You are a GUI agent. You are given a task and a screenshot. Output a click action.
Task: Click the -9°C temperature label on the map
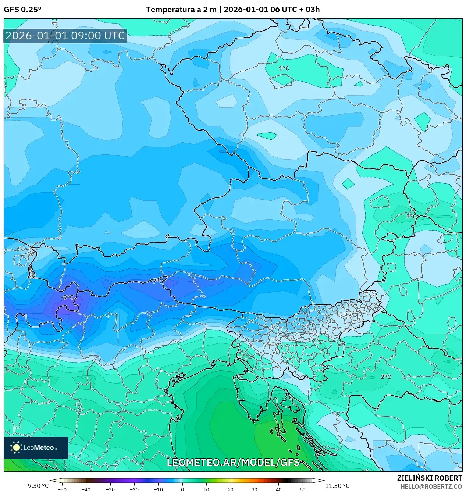[x=67, y=297]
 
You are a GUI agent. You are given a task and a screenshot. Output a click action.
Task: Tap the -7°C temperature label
[x=157, y=281]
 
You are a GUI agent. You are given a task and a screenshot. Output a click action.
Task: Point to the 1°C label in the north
[x=284, y=68]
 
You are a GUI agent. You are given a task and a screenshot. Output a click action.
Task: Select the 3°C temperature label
[x=411, y=217]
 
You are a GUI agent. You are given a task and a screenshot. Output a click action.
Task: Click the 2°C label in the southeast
[x=385, y=377]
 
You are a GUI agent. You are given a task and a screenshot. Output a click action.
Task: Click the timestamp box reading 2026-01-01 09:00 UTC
[x=65, y=36]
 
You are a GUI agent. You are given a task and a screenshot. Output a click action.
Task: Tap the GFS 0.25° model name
[x=22, y=10]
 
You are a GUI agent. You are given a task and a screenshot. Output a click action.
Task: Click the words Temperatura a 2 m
[x=181, y=10]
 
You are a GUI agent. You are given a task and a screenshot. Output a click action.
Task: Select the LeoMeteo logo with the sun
[x=36, y=448]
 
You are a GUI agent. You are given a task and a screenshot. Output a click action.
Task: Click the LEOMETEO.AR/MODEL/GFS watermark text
[x=233, y=462]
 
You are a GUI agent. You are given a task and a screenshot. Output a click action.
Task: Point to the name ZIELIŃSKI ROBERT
[x=429, y=478]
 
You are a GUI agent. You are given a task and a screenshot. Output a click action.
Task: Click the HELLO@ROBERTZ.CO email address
[x=431, y=486]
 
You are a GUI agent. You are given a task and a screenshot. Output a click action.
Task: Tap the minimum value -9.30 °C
[x=37, y=486]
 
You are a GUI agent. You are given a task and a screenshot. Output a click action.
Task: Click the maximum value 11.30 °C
[x=337, y=486]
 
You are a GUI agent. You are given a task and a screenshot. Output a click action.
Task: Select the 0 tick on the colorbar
[x=182, y=489]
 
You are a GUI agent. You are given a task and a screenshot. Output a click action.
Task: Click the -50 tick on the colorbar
[x=62, y=489]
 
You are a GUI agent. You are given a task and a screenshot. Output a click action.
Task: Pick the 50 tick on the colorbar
[x=302, y=489]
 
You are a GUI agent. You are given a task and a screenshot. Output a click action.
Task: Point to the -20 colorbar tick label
[x=134, y=489]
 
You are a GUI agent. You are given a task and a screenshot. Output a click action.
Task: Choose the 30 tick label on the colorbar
[x=255, y=489]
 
